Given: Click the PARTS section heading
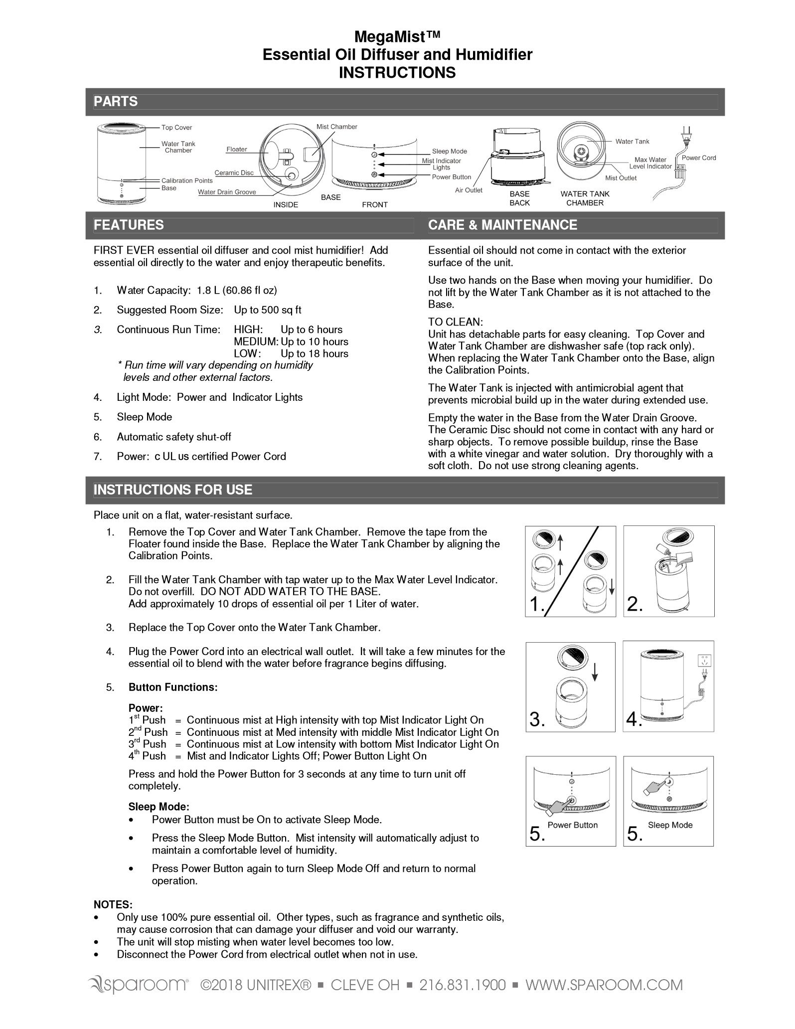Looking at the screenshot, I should click(116, 102).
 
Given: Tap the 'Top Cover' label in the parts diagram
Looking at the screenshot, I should click(176, 128).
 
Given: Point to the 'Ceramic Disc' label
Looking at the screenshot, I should click(234, 173).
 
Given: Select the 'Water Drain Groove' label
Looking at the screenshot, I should click(227, 192).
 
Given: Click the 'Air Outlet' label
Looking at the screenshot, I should click(469, 190).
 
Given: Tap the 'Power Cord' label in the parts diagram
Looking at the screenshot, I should click(698, 158).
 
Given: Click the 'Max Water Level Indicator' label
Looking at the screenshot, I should click(650, 163).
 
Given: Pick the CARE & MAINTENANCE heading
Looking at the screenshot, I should click(502, 225).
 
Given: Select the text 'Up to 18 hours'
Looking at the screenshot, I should click(315, 353).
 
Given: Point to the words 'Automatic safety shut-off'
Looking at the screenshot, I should click(174, 437).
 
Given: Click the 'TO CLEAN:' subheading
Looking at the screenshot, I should click(456, 323).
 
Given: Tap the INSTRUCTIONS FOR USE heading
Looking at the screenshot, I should click(173, 490).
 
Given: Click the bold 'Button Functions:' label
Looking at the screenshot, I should click(173, 687).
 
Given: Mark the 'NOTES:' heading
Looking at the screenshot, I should click(113, 904).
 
